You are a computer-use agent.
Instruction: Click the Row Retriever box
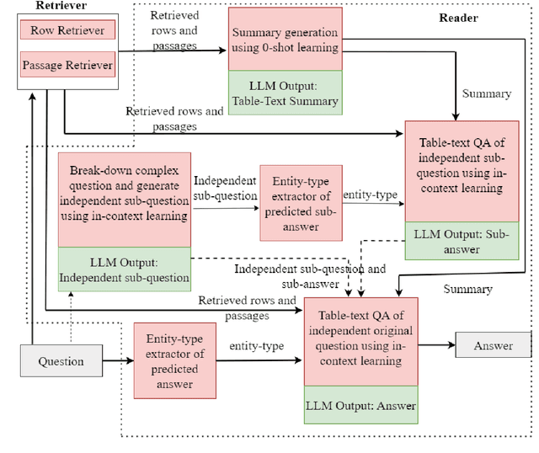coord(67,31)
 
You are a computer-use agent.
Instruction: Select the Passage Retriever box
coord(67,65)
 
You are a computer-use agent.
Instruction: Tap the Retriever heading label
coord(37,6)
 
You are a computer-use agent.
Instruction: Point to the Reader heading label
coord(459,17)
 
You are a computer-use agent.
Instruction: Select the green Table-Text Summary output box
coord(285,93)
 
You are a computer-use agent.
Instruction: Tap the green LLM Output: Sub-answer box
coord(462,240)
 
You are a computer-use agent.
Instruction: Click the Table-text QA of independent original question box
coord(360,342)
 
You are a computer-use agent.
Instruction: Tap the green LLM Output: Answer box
coord(360,407)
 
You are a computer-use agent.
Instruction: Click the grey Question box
coord(61,361)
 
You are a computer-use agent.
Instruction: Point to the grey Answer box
coord(493,345)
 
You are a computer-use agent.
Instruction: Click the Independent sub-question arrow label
coord(226,189)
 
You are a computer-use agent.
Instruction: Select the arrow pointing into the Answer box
coord(436,345)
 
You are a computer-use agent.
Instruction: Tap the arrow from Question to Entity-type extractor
coord(117,361)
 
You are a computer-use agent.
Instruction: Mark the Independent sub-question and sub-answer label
coord(310,276)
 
